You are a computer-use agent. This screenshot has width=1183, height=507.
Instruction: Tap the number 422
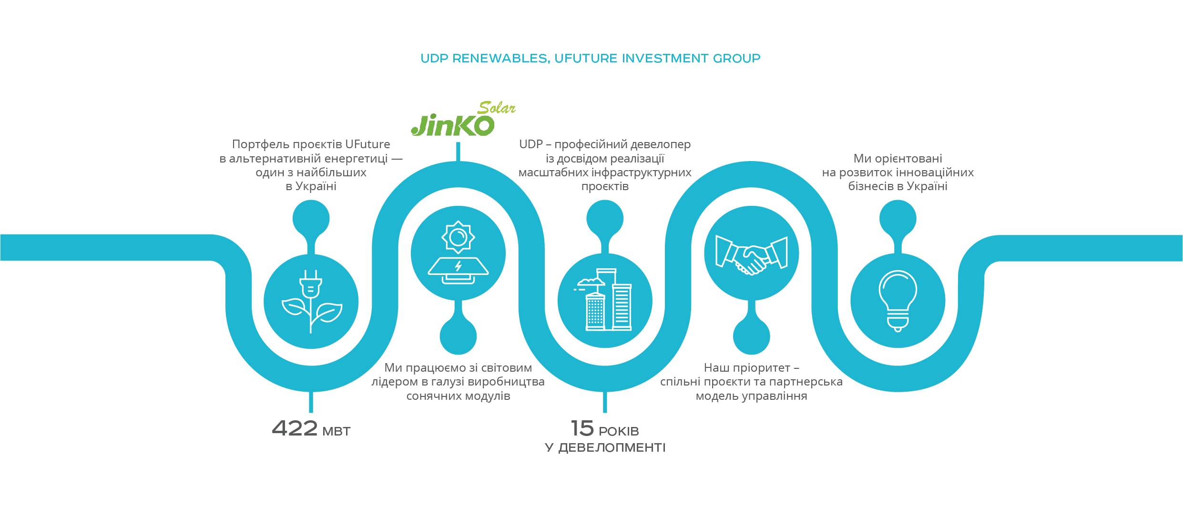coord(295,428)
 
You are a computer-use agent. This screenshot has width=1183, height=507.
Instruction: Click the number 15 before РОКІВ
coord(582,428)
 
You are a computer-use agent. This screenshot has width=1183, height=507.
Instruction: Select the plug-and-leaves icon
coord(311,301)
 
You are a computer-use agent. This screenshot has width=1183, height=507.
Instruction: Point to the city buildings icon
coord(604,300)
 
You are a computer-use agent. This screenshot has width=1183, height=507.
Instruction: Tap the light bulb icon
coord(897,300)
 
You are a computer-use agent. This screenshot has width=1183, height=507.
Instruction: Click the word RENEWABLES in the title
coord(500,59)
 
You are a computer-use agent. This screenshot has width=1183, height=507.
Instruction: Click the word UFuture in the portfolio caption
coord(367,144)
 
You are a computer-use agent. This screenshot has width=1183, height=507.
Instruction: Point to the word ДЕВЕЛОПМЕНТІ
coord(612,448)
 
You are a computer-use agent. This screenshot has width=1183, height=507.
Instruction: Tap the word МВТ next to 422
coord(337,432)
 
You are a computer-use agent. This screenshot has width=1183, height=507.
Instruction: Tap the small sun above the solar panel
coord(458,236)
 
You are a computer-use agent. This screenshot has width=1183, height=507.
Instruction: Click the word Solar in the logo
coord(497,108)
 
